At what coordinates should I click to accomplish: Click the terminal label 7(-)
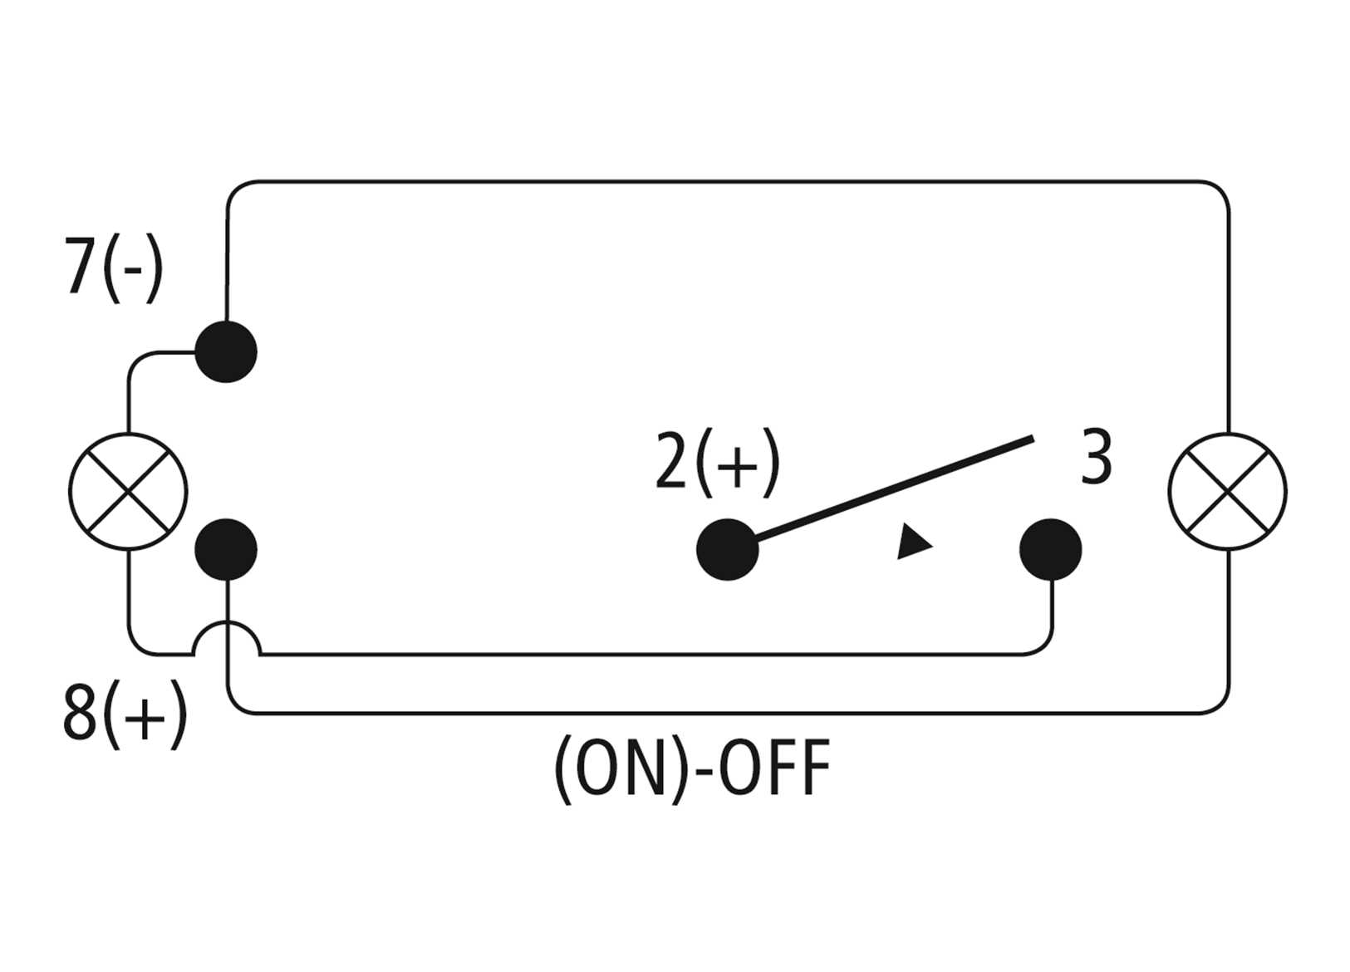[114, 268]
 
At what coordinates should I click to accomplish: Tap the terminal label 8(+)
[125, 714]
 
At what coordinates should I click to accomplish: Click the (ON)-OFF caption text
[691, 769]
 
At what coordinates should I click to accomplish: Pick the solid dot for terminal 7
[226, 351]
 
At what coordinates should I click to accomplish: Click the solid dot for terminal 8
[226, 549]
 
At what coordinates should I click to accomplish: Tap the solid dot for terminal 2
[727, 549]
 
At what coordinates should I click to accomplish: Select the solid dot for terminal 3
[1051, 549]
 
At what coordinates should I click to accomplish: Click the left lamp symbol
[128, 491]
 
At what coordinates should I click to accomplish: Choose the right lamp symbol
[1227, 491]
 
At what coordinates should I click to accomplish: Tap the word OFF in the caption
[773, 769]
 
